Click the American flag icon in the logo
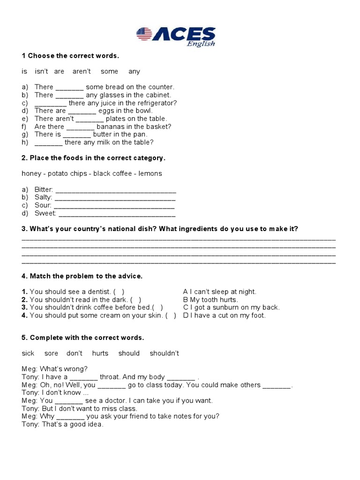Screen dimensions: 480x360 [144, 34]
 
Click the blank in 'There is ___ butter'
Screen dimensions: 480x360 [77, 135]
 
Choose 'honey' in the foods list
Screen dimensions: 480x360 [31, 173]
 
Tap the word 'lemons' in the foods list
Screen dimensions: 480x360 [150, 173]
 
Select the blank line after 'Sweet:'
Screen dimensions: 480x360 [117, 214]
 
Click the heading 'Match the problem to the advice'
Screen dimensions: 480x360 [86, 276]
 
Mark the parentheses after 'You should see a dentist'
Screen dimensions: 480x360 [119, 292]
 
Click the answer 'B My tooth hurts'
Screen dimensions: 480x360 [210, 300]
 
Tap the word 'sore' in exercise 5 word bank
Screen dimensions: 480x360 [52, 353]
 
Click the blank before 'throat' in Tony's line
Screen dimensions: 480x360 [84, 377]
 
